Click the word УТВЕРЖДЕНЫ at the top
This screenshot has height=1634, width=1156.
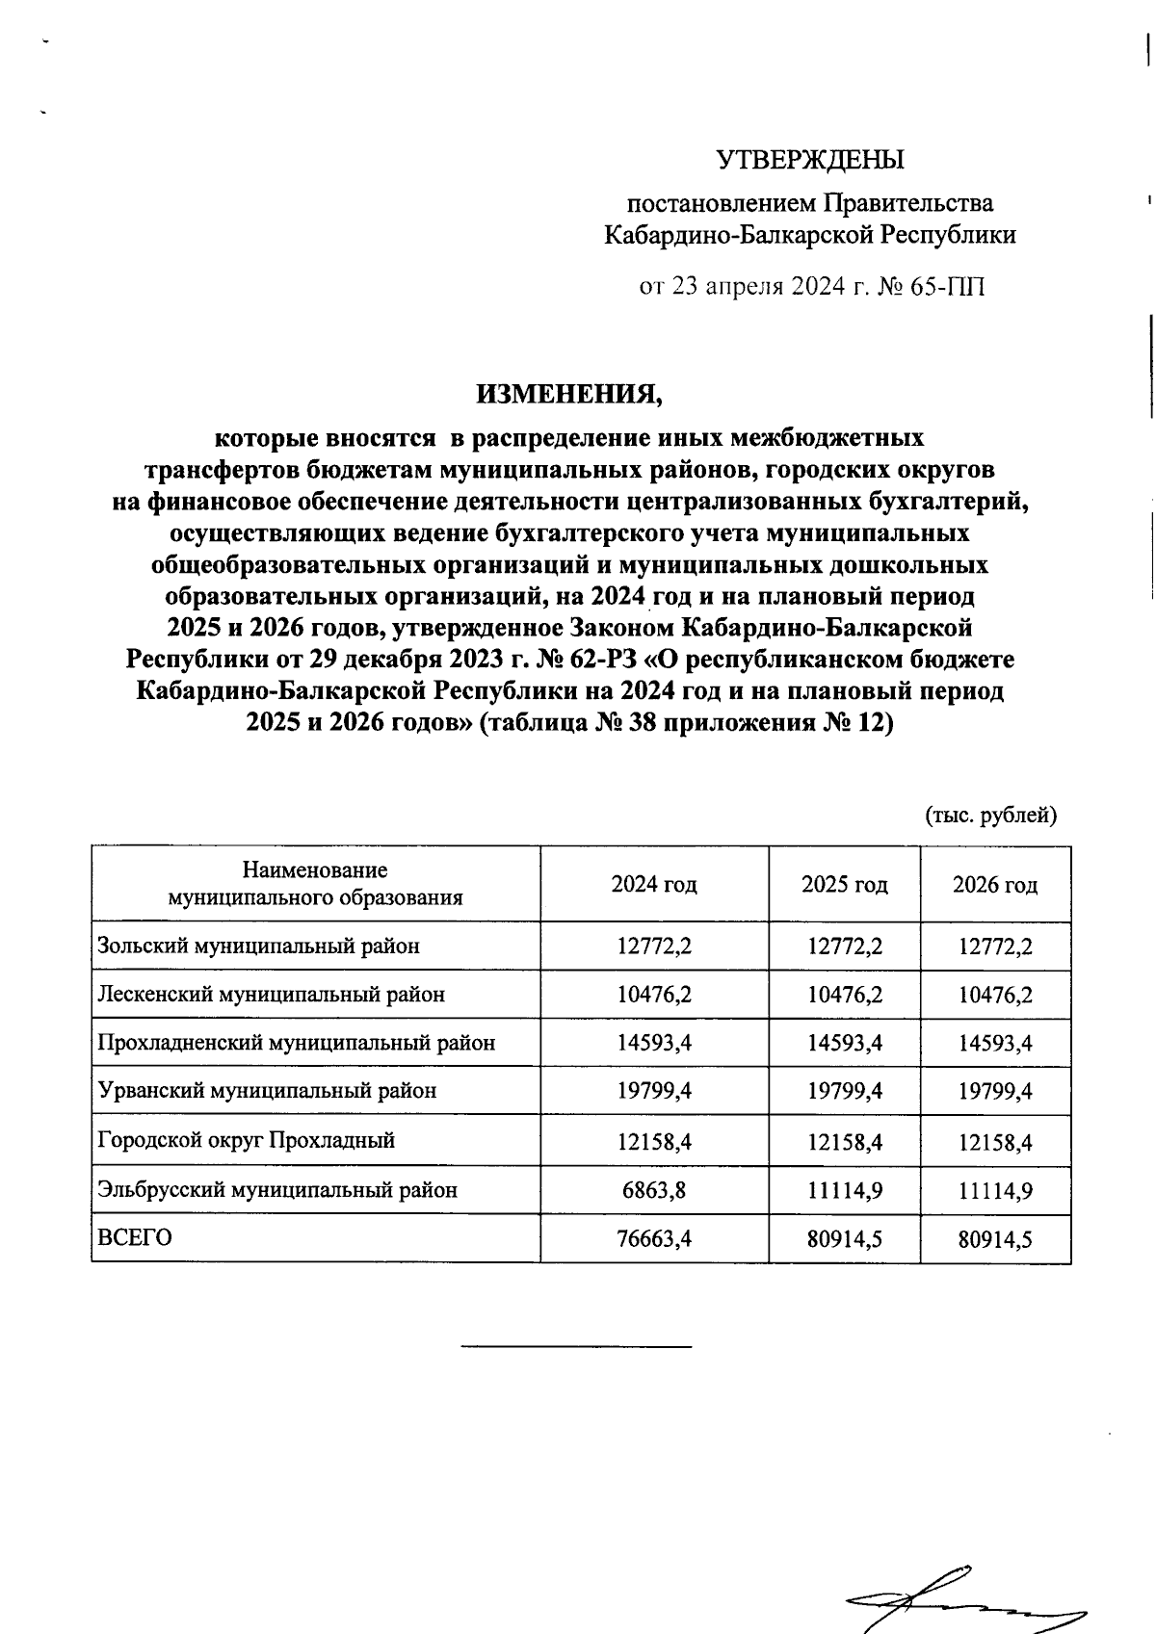click(810, 159)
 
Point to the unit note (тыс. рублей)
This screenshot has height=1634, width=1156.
click(991, 816)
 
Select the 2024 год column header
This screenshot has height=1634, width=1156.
click(654, 884)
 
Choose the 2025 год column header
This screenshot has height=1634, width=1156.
click(844, 884)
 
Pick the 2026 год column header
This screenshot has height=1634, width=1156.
click(995, 884)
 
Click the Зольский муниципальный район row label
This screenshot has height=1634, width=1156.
click(259, 946)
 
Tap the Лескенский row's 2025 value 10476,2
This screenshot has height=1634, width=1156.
click(845, 995)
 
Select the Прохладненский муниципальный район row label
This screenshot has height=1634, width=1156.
click(297, 1043)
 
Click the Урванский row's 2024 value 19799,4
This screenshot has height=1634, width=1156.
click(654, 1092)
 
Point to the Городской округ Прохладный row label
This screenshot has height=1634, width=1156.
click(247, 1141)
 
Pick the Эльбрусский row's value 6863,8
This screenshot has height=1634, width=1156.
click(654, 1190)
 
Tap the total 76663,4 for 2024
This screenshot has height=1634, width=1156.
click(654, 1239)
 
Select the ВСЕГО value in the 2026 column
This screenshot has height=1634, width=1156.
click(995, 1239)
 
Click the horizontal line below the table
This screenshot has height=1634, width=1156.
click(576, 1345)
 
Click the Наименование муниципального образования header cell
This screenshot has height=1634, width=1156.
click(315, 884)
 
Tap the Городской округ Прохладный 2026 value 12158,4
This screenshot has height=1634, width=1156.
click(995, 1142)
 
